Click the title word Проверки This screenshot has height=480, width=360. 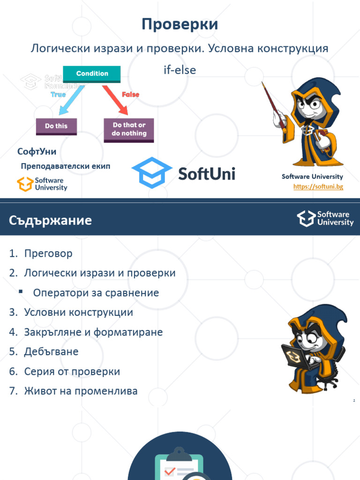pyautogui.click(x=180, y=24)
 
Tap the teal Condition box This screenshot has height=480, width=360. pyautogui.click(x=92, y=74)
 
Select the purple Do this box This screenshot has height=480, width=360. pyautogui.click(x=56, y=126)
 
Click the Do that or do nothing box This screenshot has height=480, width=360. pyautogui.click(x=129, y=129)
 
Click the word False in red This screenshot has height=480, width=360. pyautogui.click(x=130, y=94)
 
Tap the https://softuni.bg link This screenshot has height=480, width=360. pyautogui.click(x=318, y=187)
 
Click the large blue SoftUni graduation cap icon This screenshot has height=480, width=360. pyautogui.click(x=151, y=172)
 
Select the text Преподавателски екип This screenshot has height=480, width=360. pyautogui.click(x=66, y=166)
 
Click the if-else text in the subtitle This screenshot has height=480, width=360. pyautogui.click(x=178, y=70)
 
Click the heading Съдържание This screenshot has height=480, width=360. pyautogui.click(x=50, y=220)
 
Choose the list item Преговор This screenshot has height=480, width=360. pyautogui.click(x=48, y=254)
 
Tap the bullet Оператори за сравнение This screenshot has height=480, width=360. pyautogui.click(x=96, y=293)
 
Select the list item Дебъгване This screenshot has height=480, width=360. pyautogui.click(x=51, y=352)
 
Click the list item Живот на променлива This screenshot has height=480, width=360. pyautogui.click(x=81, y=391)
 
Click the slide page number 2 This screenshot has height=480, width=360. pyautogui.click(x=354, y=401)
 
